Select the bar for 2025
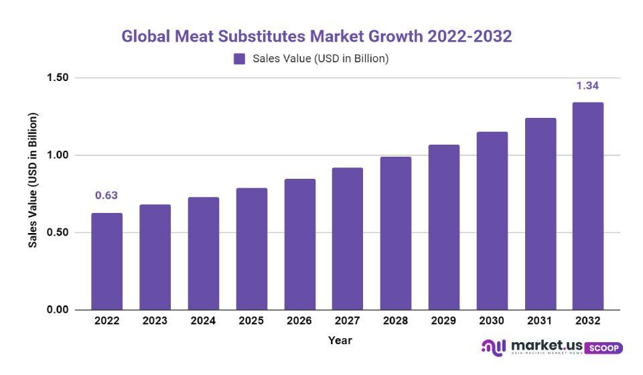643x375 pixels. (251, 249)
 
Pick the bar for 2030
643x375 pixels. (492, 221)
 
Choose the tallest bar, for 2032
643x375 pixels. (588, 206)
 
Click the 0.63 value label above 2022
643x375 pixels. (106, 196)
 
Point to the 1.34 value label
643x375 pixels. (587, 86)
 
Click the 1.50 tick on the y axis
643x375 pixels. (58, 78)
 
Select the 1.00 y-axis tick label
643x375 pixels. (58, 155)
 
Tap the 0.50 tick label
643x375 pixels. (58, 232)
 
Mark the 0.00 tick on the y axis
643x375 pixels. (58, 310)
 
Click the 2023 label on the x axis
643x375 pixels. (155, 321)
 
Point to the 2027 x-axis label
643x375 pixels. (348, 321)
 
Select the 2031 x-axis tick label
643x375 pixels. (540, 321)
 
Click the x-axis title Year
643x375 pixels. (340, 340)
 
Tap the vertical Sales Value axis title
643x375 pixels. (33, 180)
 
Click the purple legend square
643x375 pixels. (239, 59)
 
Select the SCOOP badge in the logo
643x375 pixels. (603, 348)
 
